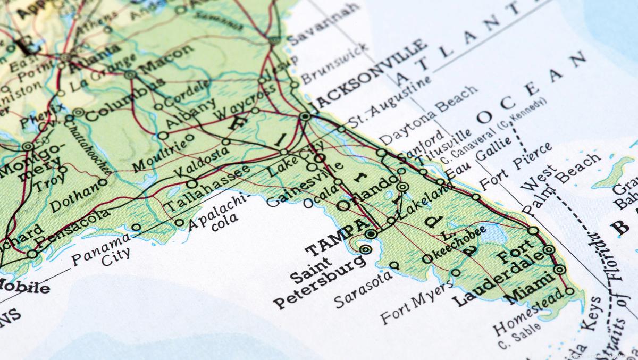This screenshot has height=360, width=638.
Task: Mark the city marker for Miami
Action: coord(559,270)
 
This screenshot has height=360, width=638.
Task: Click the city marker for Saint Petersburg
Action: coord(365,249)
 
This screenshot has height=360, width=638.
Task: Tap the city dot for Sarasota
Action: coord(394,265)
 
